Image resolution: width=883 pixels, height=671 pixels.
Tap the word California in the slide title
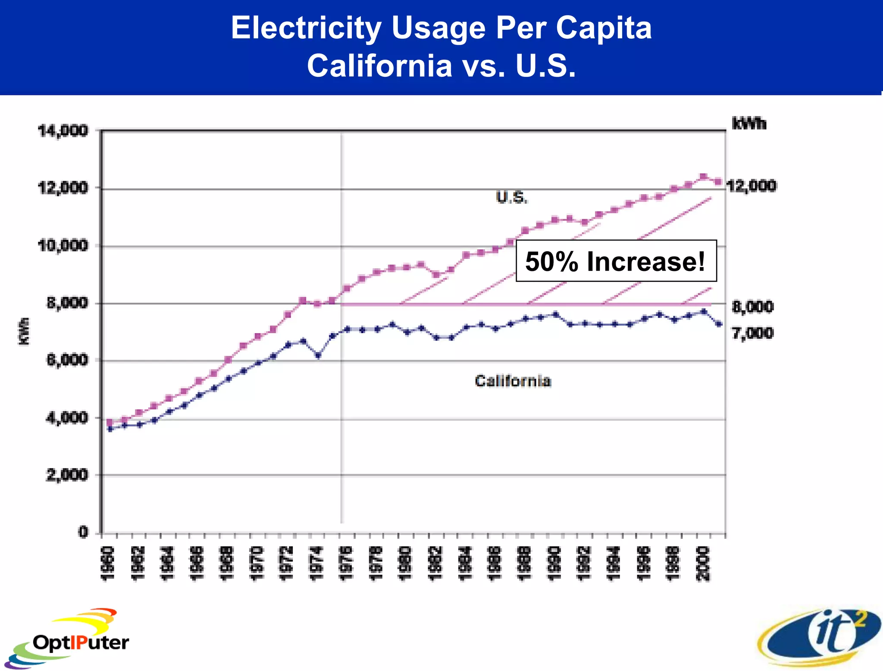379,66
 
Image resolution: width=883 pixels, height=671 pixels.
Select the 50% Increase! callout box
616,261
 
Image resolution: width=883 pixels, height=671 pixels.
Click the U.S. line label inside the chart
511,197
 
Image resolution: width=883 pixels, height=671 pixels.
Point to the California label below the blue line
513,381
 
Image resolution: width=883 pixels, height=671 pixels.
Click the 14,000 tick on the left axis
63,130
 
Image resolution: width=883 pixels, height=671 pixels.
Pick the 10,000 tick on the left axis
63,246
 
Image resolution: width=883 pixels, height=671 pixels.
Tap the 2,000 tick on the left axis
67,475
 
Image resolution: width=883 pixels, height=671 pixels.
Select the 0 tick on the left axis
83,532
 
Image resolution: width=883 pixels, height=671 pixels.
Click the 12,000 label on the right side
751,186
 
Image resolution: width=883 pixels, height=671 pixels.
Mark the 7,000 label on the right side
752,333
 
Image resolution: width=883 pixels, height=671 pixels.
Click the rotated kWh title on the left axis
24,331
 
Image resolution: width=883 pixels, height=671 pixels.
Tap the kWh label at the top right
749,124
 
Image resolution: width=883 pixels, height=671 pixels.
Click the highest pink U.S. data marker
703,176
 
